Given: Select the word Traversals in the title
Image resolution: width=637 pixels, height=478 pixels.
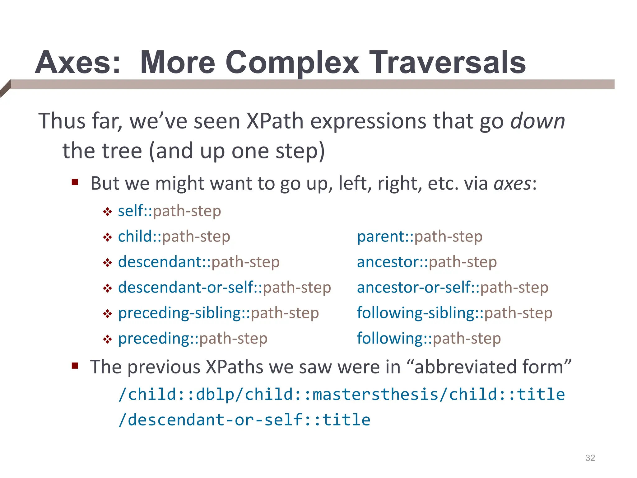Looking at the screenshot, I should click(447, 63).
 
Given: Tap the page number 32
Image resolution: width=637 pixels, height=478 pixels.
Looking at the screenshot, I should click(590, 458).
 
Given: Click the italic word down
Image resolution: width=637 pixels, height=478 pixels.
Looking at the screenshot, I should click(538, 121).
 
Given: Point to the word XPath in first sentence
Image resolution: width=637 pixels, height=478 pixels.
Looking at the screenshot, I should click(275, 121).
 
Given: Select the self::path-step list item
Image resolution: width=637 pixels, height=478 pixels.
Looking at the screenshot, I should click(170, 211).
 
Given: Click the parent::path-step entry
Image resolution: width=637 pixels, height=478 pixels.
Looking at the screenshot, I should click(420, 237).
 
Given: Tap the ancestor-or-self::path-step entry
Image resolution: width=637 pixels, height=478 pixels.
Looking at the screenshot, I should click(453, 288).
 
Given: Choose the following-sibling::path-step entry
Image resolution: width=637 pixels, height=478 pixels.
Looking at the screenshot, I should click(454, 313).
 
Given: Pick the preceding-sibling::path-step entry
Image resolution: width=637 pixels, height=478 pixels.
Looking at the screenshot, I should click(218, 313).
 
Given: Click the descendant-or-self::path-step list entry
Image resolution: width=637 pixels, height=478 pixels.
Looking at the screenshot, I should click(224, 288).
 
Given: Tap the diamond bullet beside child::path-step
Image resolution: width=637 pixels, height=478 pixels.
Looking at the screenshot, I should click(107, 237).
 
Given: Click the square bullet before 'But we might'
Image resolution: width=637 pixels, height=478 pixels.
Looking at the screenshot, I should click(75, 182).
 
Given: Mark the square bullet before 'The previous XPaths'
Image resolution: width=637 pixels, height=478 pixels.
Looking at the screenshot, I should click(75, 365).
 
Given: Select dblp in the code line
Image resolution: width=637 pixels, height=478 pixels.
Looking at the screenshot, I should click(215, 395).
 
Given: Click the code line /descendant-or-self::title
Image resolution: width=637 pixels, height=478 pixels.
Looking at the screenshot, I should click(244, 420).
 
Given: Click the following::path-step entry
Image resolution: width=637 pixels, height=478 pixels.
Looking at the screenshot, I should click(429, 339).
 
